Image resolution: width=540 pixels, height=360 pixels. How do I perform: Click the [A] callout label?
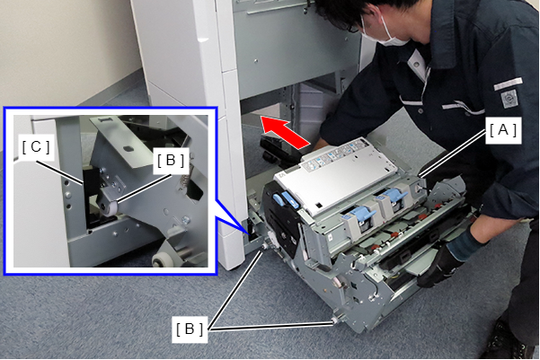pyautogui.click(x=503, y=130)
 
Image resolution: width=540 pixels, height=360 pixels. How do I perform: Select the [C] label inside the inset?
pyautogui.click(x=36, y=147)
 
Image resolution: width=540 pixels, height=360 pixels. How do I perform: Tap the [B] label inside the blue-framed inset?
pyautogui.click(x=171, y=161)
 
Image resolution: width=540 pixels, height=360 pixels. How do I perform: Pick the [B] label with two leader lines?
pyautogui.click(x=190, y=329)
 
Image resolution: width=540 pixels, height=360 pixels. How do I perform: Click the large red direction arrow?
pyautogui.click(x=285, y=132)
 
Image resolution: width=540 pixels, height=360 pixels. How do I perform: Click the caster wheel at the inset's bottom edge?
pyautogui.click(x=161, y=259)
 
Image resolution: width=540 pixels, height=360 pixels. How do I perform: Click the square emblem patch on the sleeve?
pyautogui.click(x=509, y=99)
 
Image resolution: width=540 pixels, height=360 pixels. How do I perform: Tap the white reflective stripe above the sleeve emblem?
pyautogui.click(x=509, y=83)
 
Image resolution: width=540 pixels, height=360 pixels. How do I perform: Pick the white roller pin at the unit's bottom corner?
pyautogui.click(x=334, y=320)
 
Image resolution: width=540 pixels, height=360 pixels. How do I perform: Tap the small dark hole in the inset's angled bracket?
pyautogui.click(x=128, y=148)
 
